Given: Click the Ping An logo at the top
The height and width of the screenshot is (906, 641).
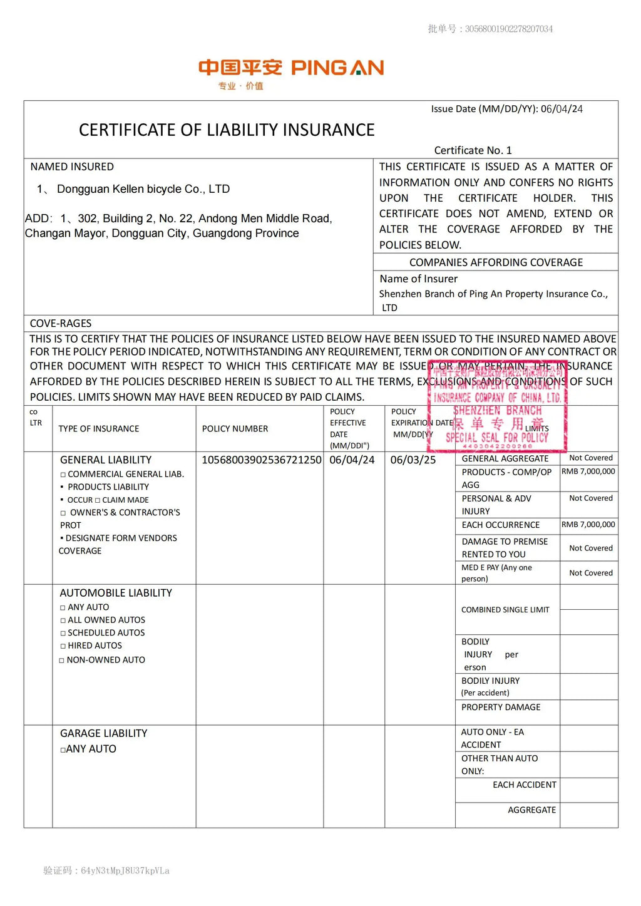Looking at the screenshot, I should (290, 69).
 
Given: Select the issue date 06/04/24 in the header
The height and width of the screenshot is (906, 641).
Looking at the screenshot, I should (562, 109).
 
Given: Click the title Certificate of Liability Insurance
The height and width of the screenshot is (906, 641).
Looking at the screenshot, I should (227, 130).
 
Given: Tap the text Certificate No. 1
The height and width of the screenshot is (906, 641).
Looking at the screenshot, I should (473, 150).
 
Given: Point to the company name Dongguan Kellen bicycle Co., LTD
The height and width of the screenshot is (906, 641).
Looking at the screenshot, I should (143, 189).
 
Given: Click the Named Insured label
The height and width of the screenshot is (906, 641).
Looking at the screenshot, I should (72, 167).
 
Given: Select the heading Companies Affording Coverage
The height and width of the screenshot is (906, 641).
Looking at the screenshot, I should (496, 262).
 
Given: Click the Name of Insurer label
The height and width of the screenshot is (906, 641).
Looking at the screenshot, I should (418, 279).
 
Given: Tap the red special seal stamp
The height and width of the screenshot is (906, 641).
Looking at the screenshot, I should (497, 406).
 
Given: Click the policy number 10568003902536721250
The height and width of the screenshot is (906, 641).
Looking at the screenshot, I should (262, 460).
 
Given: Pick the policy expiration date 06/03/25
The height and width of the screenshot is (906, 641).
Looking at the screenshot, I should (413, 460).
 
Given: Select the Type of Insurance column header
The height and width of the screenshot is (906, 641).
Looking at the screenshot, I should (99, 429).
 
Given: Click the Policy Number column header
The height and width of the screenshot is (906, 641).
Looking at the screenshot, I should (235, 429).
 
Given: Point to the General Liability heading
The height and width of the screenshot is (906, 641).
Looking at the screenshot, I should (106, 460).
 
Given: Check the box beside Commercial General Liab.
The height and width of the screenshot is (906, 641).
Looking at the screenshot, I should (63, 475).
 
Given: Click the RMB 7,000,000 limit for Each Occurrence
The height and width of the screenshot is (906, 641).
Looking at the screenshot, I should (588, 525).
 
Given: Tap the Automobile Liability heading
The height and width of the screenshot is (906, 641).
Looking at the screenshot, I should (116, 593).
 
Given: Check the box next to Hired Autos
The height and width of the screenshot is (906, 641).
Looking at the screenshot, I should (63, 646).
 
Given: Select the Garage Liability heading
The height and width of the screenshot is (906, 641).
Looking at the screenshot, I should (104, 733).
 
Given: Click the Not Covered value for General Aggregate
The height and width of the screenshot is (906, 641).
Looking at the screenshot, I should (590, 458).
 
